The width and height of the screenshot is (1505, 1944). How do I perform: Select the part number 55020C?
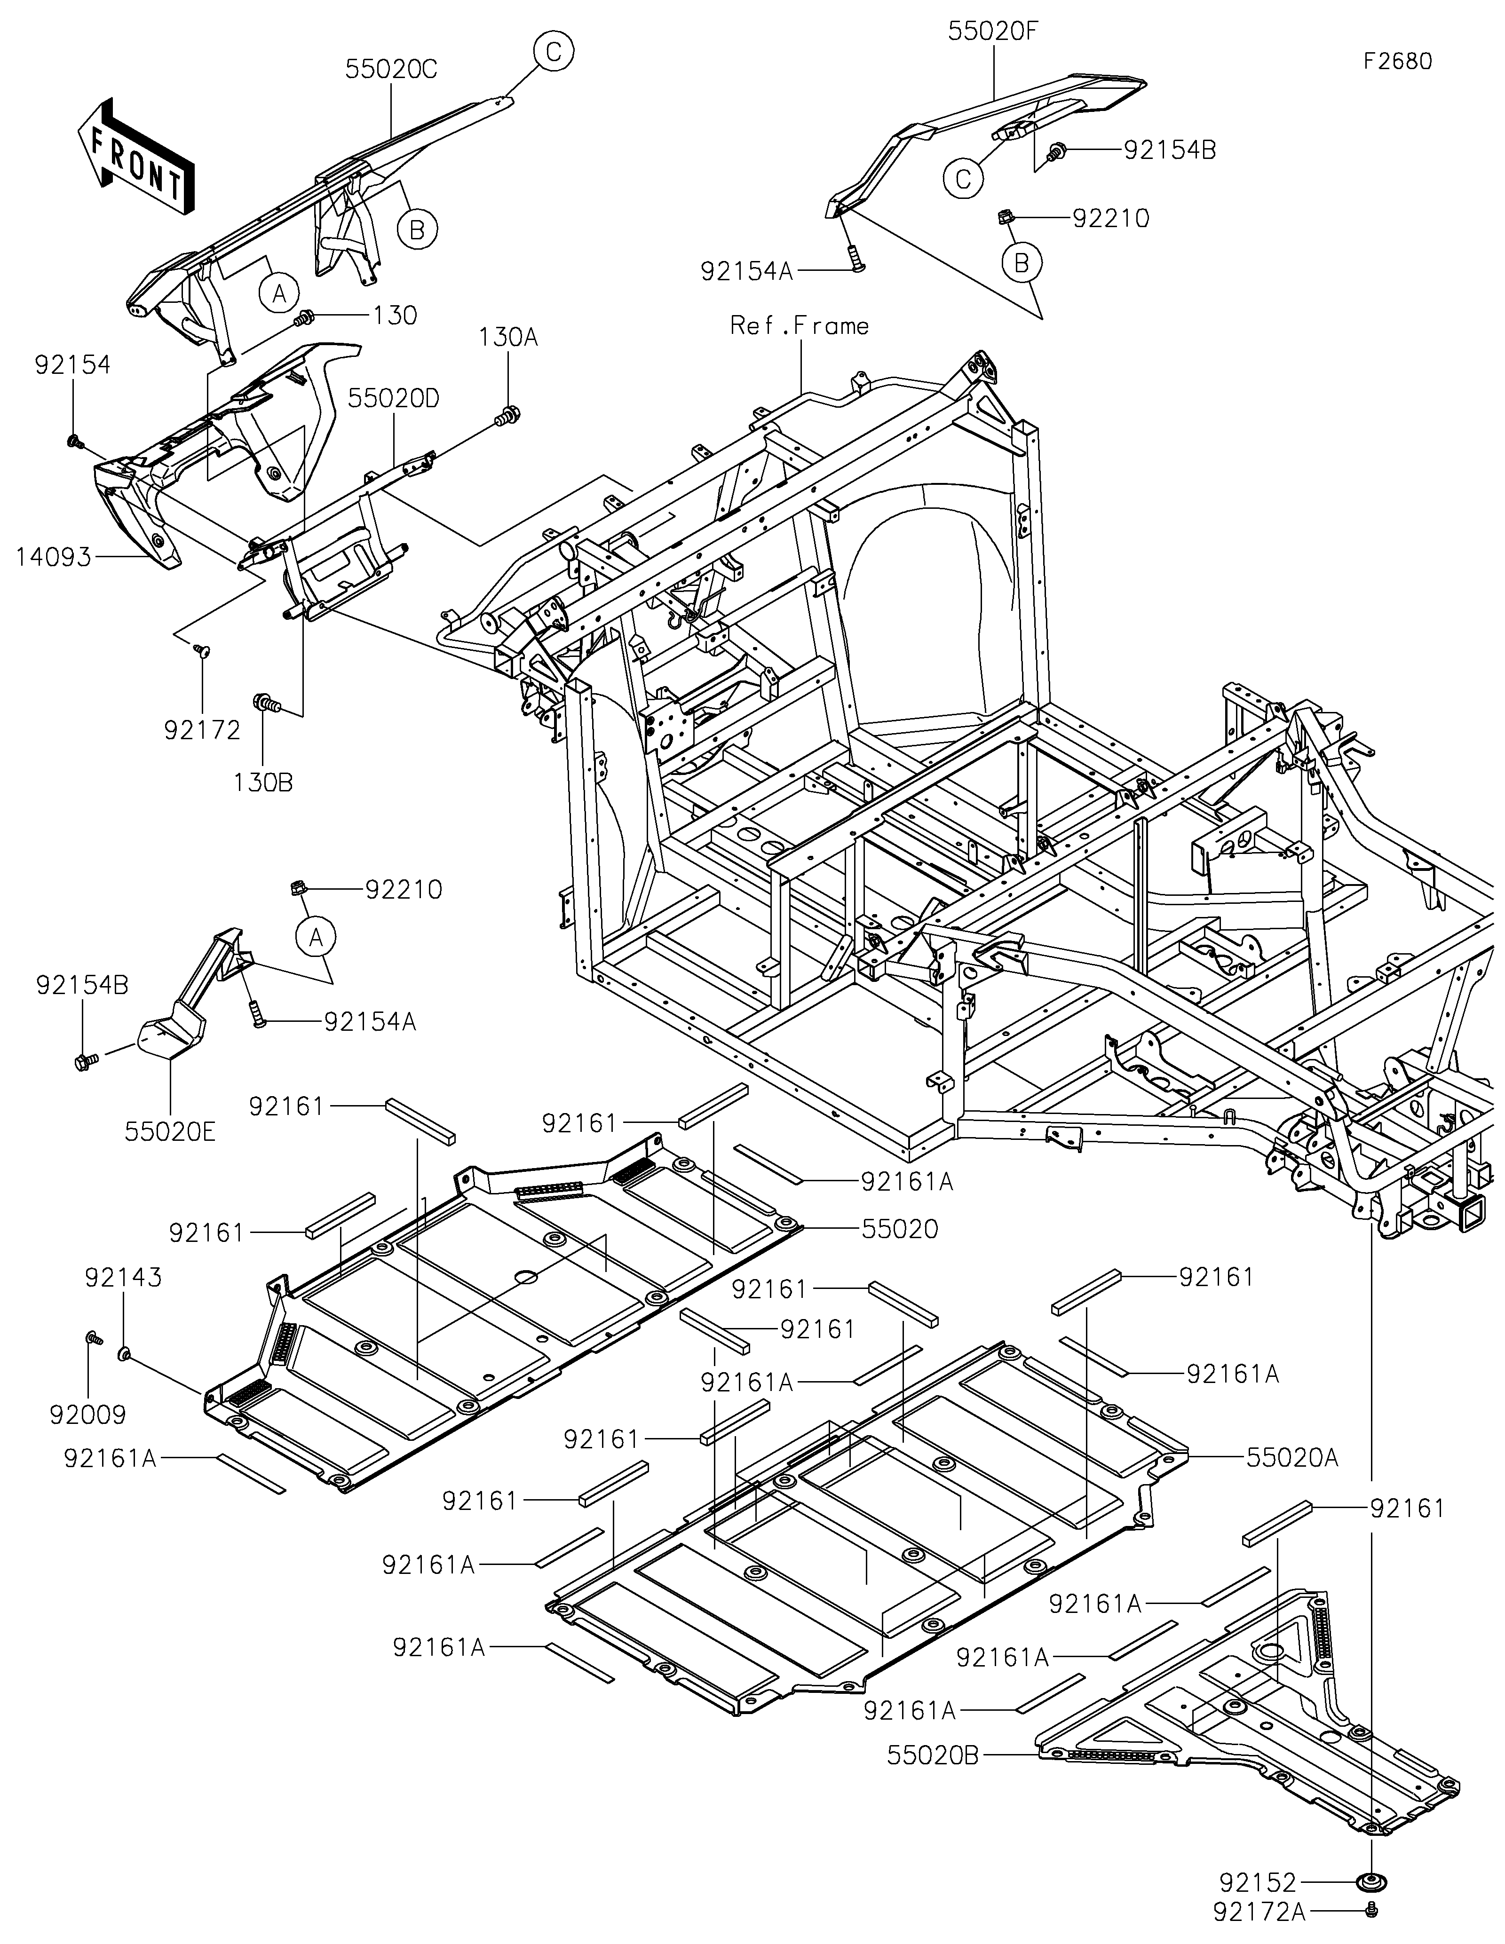pos(392,70)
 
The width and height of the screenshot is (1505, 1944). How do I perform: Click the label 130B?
pos(263,782)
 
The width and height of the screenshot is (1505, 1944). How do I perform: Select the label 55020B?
pos(933,1755)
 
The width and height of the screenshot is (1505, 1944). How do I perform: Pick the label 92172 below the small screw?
pos(203,730)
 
